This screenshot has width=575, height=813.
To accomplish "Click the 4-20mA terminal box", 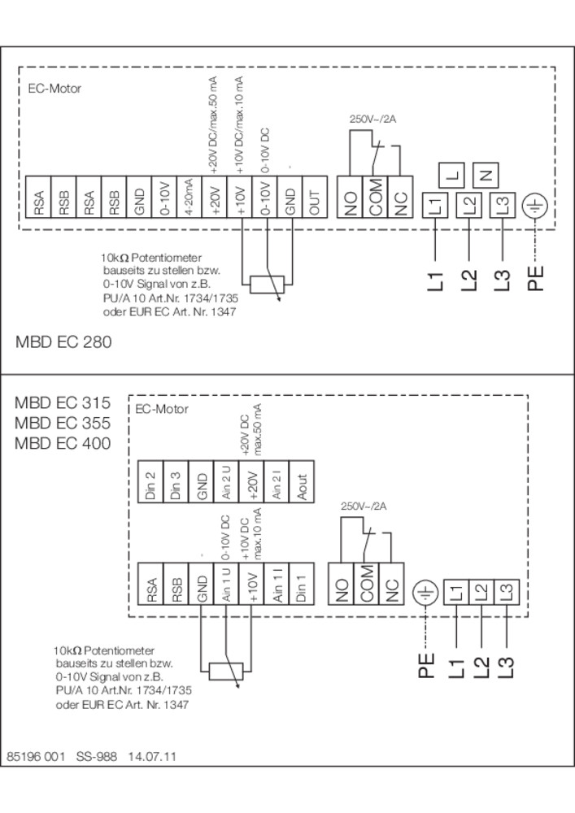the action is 189,197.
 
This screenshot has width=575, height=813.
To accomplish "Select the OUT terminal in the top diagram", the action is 316,197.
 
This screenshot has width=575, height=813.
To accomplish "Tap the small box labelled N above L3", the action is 486,175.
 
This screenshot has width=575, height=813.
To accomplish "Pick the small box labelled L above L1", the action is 452,175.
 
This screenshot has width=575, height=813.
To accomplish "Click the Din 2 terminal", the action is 150,481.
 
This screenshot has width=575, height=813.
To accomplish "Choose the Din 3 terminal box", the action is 176,481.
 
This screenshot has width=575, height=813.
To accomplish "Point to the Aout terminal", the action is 303,481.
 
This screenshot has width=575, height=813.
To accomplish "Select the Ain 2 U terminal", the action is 227,481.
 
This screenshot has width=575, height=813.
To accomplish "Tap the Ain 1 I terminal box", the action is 277,583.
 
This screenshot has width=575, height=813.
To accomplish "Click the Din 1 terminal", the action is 303,583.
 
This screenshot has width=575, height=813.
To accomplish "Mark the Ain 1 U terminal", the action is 227,583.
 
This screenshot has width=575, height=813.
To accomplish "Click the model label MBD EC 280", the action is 63,341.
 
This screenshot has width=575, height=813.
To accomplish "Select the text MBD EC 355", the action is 63,423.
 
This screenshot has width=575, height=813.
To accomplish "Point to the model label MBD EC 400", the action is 63,443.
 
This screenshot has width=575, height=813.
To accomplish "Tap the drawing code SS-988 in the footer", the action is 97,756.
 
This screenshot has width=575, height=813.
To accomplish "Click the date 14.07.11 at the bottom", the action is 152,756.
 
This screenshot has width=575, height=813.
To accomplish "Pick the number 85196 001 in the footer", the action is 36,756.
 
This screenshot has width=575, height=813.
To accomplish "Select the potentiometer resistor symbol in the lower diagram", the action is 225,671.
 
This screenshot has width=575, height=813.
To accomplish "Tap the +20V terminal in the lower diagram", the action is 252,481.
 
